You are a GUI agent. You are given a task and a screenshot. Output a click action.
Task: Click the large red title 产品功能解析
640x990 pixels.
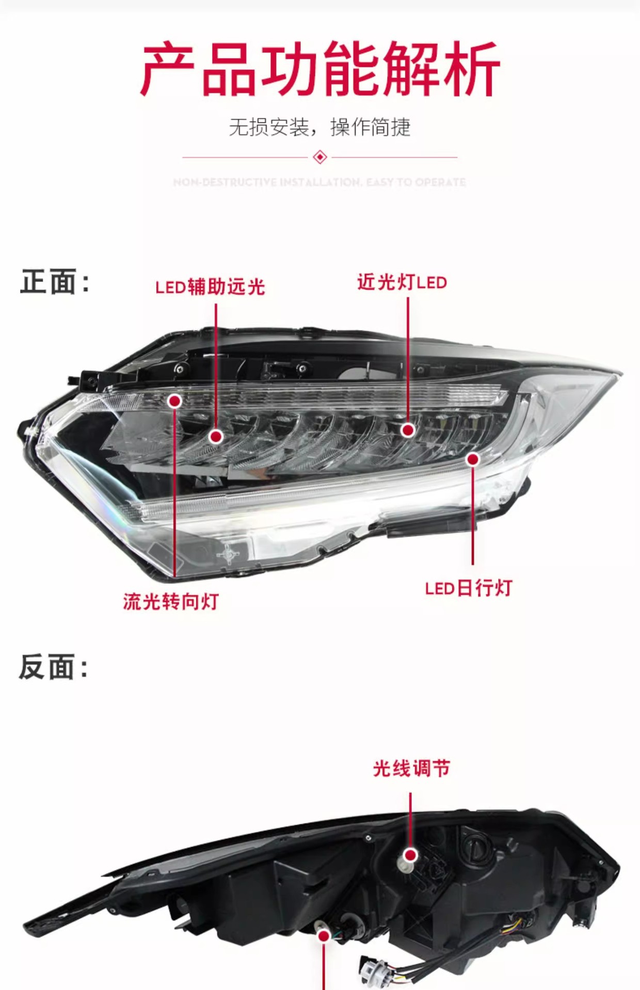[320, 69]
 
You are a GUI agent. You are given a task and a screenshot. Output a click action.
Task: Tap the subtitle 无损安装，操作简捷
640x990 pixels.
[319, 127]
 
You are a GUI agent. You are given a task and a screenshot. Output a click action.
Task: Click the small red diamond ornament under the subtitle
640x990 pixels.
[320, 157]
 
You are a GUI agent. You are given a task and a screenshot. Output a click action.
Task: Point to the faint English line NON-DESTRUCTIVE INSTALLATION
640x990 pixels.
[319, 182]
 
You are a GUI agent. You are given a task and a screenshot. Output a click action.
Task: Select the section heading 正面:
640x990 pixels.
[55, 282]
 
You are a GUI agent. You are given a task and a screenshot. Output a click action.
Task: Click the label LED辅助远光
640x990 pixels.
[210, 287]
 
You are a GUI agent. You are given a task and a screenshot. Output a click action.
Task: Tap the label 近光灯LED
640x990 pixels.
[402, 282]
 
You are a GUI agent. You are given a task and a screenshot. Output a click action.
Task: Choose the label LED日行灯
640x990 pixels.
[468, 588]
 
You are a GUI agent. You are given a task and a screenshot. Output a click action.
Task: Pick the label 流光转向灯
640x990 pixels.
[171, 602]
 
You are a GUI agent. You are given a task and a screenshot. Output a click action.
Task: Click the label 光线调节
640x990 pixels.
[411, 769]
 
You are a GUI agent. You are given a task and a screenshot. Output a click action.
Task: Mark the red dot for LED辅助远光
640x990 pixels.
[216, 437]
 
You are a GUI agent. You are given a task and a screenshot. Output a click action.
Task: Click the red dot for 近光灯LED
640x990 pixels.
[408, 430]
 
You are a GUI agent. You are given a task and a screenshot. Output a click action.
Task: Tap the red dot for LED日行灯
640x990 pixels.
[473, 459]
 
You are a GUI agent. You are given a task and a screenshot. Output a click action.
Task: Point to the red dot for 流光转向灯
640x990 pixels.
[175, 401]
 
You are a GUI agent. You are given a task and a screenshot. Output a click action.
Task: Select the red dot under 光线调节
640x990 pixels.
[411, 855]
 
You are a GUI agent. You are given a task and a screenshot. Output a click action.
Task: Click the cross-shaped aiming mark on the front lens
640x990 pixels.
[228, 554]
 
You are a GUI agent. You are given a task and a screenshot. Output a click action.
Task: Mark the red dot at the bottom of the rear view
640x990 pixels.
[324, 936]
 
